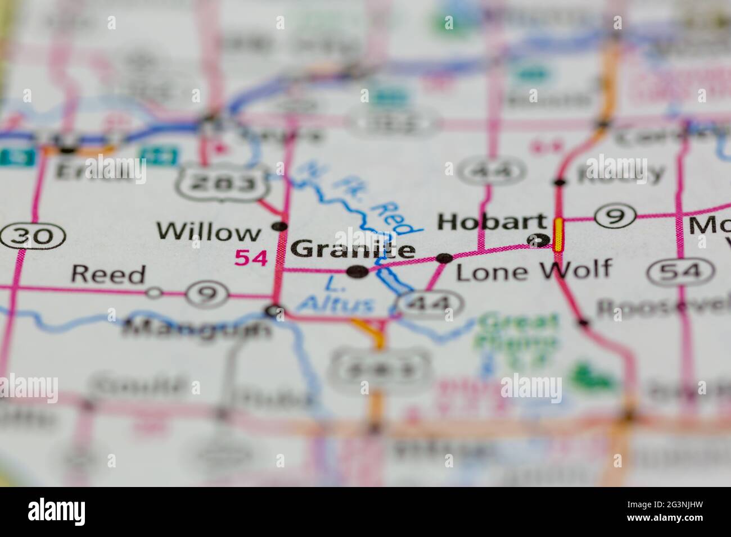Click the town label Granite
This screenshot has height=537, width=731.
(x=354, y=249)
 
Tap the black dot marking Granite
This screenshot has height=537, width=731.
(x=358, y=272)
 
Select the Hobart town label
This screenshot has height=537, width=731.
(x=491, y=222)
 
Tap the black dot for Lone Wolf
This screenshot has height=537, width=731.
(x=445, y=258)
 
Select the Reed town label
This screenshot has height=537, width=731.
(x=108, y=275)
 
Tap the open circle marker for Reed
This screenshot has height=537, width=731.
(x=154, y=292)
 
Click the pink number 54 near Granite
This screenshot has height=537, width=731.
(x=251, y=258)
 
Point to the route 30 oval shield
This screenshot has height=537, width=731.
(x=34, y=236)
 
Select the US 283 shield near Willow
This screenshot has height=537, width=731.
(x=221, y=181)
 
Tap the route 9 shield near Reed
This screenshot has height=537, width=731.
(x=208, y=293)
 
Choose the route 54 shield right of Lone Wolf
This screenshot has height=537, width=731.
(x=674, y=272)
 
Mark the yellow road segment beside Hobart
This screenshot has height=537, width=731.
(x=558, y=235)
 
